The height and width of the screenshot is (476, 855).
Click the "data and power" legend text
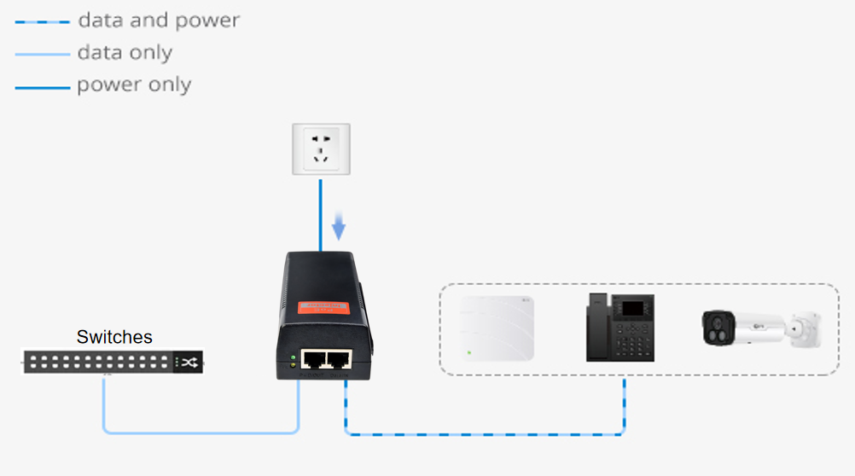click(x=159, y=20)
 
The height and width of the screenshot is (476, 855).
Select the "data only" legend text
click(x=125, y=53)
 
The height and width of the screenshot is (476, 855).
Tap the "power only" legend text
click(x=134, y=85)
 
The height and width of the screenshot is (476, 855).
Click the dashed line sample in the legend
click(x=42, y=21)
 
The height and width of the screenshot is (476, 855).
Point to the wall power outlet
click(x=321, y=149)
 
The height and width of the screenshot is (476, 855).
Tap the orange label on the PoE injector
click(x=324, y=307)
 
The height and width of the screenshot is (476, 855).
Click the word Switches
click(x=114, y=337)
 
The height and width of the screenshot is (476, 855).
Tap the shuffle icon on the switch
click(x=189, y=363)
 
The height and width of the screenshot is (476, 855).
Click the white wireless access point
click(x=497, y=328)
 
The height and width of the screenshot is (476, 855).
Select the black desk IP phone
click(x=620, y=328)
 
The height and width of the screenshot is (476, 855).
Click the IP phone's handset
click(x=596, y=328)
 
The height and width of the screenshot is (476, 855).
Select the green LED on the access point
click(x=468, y=352)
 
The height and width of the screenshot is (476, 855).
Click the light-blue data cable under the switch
click(x=201, y=432)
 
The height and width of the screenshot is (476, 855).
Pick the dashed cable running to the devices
click(x=486, y=434)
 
